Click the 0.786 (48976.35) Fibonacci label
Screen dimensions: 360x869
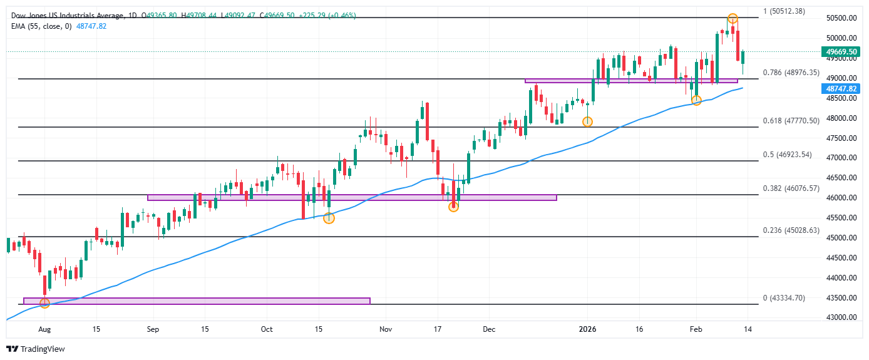(791, 73)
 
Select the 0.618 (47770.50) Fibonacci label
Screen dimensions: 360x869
(791, 121)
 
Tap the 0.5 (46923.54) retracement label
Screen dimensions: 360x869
(787, 155)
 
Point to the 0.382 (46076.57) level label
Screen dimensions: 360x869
(791, 188)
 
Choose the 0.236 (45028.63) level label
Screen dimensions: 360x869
(791, 230)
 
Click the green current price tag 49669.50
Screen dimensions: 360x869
(841, 52)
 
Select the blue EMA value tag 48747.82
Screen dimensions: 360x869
(841, 89)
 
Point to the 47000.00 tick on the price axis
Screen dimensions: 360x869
(841, 158)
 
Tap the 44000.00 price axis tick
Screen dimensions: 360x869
(841, 278)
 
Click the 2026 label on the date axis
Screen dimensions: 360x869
(587, 329)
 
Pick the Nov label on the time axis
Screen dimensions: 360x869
(386, 329)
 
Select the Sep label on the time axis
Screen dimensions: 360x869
(154, 329)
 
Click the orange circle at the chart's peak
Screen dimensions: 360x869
(733, 19)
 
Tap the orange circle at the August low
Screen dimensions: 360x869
(44, 303)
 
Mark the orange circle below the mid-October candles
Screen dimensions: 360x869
(329, 218)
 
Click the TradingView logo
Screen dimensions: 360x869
(36, 349)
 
